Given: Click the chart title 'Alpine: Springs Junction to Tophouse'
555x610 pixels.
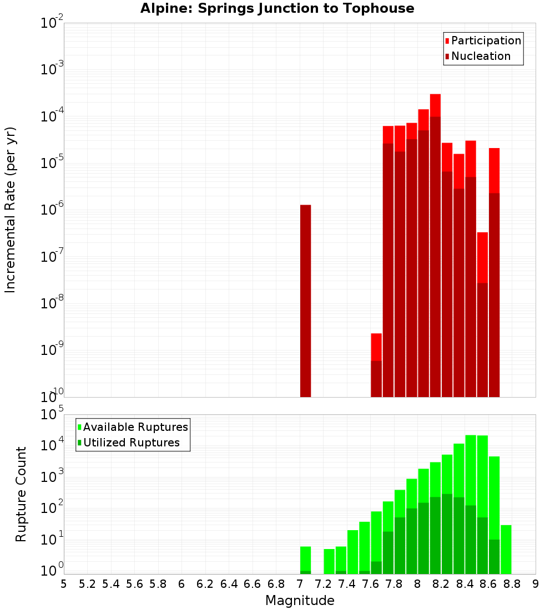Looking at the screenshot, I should (x=277, y=8).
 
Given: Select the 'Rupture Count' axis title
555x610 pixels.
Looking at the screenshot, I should (x=21, y=494).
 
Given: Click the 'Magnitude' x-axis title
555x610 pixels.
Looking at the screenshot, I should (x=300, y=601).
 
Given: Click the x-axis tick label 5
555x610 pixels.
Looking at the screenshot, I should (x=64, y=584).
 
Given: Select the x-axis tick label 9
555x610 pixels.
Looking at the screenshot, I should (x=536, y=584).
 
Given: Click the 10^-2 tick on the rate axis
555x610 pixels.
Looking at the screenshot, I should (x=52, y=23).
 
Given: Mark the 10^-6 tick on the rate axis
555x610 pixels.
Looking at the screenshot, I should (x=52, y=210).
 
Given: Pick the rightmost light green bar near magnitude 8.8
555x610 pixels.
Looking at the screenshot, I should (x=506, y=549).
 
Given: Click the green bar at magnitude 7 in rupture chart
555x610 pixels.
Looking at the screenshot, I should (x=305, y=560).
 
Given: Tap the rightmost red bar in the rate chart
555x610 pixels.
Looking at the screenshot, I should (x=494, y=272).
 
